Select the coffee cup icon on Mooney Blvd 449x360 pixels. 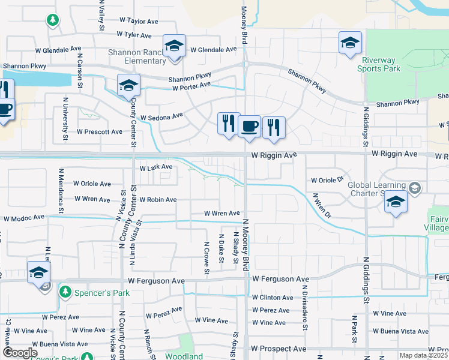coord(249,127)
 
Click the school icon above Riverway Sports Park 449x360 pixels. coord(349,43)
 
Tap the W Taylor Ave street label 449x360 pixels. coord(137,21)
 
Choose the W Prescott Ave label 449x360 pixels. coord(100,131)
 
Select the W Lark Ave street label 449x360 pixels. coord(156,167)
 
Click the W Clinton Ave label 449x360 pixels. coord(272,298)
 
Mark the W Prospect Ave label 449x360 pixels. coord(279,349)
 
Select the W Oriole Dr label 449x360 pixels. coord(327,180)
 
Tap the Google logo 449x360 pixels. coord(19,353)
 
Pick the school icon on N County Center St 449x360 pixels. coord(128,86)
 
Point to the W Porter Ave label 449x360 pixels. coord(191,88)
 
